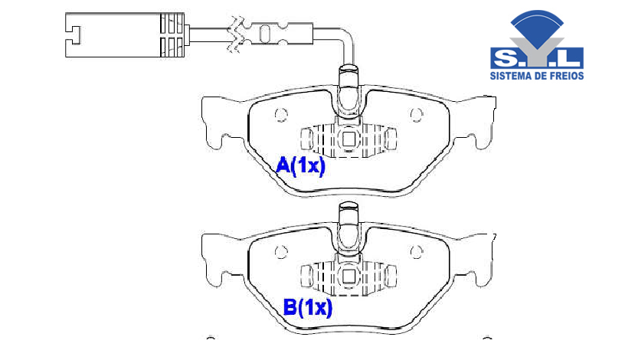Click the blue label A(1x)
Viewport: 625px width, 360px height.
pos(300,165)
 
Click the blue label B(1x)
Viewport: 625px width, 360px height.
pos(307,307)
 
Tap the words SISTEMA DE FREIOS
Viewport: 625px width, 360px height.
pos(536,75)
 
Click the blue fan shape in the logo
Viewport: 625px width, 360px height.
pos(537,25)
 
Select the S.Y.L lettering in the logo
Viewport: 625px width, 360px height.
pos(536,58)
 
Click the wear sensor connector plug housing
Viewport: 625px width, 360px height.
pos(125,34)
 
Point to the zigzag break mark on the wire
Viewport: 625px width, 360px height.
pos(234,34)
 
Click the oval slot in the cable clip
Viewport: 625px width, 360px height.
pos(265,33)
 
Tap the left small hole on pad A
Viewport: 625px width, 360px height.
pos(281,115)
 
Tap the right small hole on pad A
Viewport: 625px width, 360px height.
pos(417,115)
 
